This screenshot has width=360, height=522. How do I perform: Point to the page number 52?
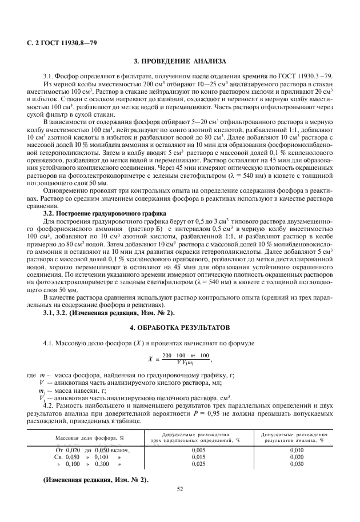179,489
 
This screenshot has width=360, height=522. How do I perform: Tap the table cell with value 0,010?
295,451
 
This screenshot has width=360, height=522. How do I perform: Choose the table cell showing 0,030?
295,464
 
